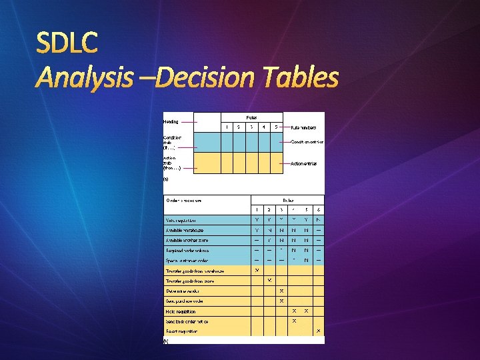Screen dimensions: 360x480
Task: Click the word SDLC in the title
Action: [x=67, y=45]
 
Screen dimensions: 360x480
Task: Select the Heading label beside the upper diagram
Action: [x=171, y=122]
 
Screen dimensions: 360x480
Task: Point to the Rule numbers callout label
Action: [x=303, y=127]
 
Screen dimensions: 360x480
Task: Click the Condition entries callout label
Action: [x=307, y=141]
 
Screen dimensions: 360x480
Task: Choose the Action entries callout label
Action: [x=304, y=163]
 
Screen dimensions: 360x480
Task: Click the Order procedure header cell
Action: [x=183, y=200]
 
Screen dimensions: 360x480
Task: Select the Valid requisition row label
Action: [x=181, y=220]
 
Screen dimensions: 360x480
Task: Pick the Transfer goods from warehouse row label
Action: [x=195, y=271]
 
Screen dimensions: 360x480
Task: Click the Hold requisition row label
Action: [x=181, y=311]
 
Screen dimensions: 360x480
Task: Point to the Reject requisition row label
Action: [x=182, y=331]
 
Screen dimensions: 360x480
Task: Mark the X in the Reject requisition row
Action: [x=318, y=331]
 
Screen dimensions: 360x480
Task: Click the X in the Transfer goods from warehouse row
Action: [x=257, y=270]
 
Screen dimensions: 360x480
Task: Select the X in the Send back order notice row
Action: [x=294, y=321]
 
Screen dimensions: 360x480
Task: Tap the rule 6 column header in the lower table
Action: [x=318, y=210]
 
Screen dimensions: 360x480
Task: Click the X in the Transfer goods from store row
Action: [x=269, y=280]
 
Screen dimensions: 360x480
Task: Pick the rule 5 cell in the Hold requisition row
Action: [x=306, y=311]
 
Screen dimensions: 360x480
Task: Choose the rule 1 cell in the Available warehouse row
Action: [x=257, y=230]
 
